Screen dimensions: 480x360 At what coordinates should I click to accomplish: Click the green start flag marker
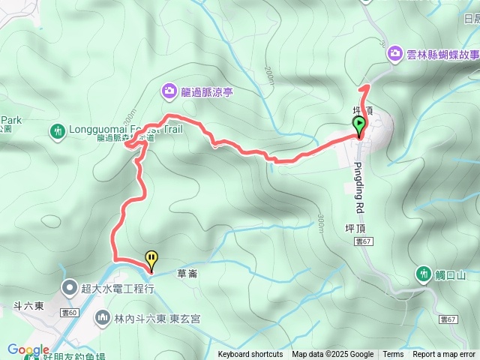(x=360, y=125)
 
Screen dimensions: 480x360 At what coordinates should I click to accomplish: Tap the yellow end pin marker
(x=152, y=259)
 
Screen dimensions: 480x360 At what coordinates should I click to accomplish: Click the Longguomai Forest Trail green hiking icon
(x=58, y=133)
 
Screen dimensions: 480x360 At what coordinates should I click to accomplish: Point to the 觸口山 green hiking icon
(x=423, y=274)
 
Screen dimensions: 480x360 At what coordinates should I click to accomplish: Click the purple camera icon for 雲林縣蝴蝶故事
(x=394, y=54)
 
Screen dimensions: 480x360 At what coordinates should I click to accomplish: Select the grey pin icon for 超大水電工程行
(x=69, y=287)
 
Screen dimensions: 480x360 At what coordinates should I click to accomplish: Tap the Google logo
(x=28, y=349)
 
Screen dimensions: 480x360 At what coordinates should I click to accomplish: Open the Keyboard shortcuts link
(x=250, y=355)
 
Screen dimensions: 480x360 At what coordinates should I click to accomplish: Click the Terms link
(x=393, y=355)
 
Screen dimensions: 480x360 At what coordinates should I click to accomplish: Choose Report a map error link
(x=444, y=355)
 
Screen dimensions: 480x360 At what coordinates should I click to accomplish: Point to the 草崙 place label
(x=187, y=274)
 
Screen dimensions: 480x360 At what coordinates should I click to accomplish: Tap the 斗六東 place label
(x=27, y=306)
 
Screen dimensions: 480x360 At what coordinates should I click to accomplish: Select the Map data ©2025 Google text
(x=332, y=355)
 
